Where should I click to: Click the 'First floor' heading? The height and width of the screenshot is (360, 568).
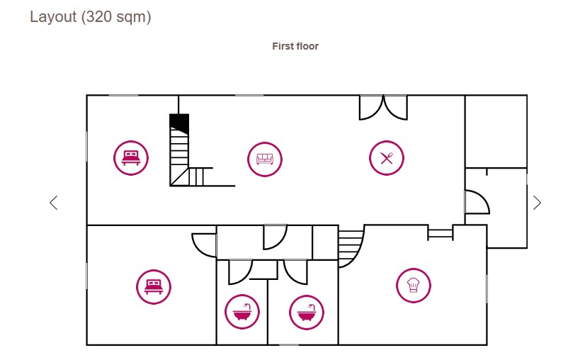295,46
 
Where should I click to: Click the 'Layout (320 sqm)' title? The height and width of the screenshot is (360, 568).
90,17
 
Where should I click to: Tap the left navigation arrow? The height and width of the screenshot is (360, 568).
53,203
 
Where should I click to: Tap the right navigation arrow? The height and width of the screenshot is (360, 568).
537,203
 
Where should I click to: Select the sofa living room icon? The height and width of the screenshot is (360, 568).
265,159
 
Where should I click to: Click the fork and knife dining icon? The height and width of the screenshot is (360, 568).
386,158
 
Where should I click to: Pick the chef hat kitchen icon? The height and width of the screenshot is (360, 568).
414,286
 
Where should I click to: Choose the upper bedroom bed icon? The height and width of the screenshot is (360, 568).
131,157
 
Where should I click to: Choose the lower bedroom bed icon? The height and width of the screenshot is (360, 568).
154,286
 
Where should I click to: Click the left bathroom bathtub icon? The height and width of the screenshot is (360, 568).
242,311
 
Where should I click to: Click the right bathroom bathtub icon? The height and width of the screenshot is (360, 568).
307,312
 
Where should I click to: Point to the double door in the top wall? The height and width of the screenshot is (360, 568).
383,107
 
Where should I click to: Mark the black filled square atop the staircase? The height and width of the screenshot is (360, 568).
179,123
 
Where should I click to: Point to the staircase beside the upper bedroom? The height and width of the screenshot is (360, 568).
181,156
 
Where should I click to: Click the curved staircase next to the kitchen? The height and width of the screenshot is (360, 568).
349,247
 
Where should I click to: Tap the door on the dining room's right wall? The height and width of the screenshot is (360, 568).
476,202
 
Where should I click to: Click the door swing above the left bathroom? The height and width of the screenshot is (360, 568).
240,271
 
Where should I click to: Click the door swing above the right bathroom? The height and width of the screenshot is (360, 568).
295,271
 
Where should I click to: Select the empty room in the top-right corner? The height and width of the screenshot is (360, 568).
496,131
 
